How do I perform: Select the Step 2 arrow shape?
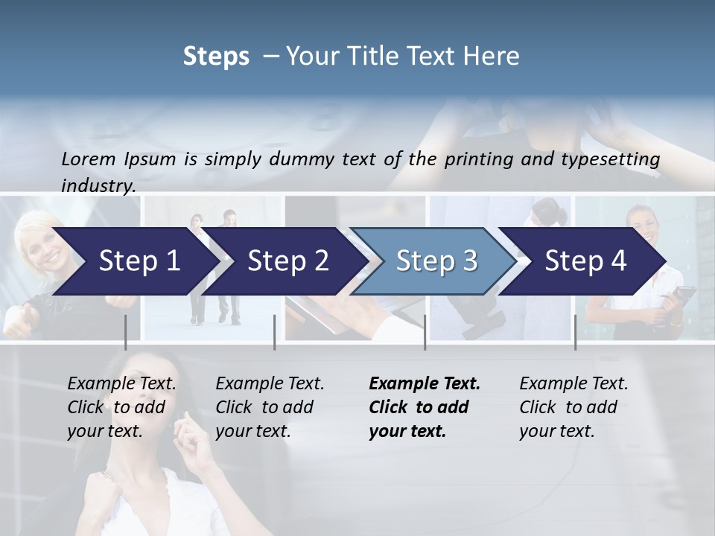pos(287,261)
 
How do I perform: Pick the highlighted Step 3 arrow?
pos(436,261)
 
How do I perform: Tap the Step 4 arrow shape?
pos(585,261)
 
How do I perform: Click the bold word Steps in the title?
pos(216,56)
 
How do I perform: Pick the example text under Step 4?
pos(573,407)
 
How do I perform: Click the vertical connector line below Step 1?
pos(126,332)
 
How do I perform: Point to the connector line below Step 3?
pos(425,332)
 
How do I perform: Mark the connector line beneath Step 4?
pos(575,332)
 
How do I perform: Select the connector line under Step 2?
pos(275,332)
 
